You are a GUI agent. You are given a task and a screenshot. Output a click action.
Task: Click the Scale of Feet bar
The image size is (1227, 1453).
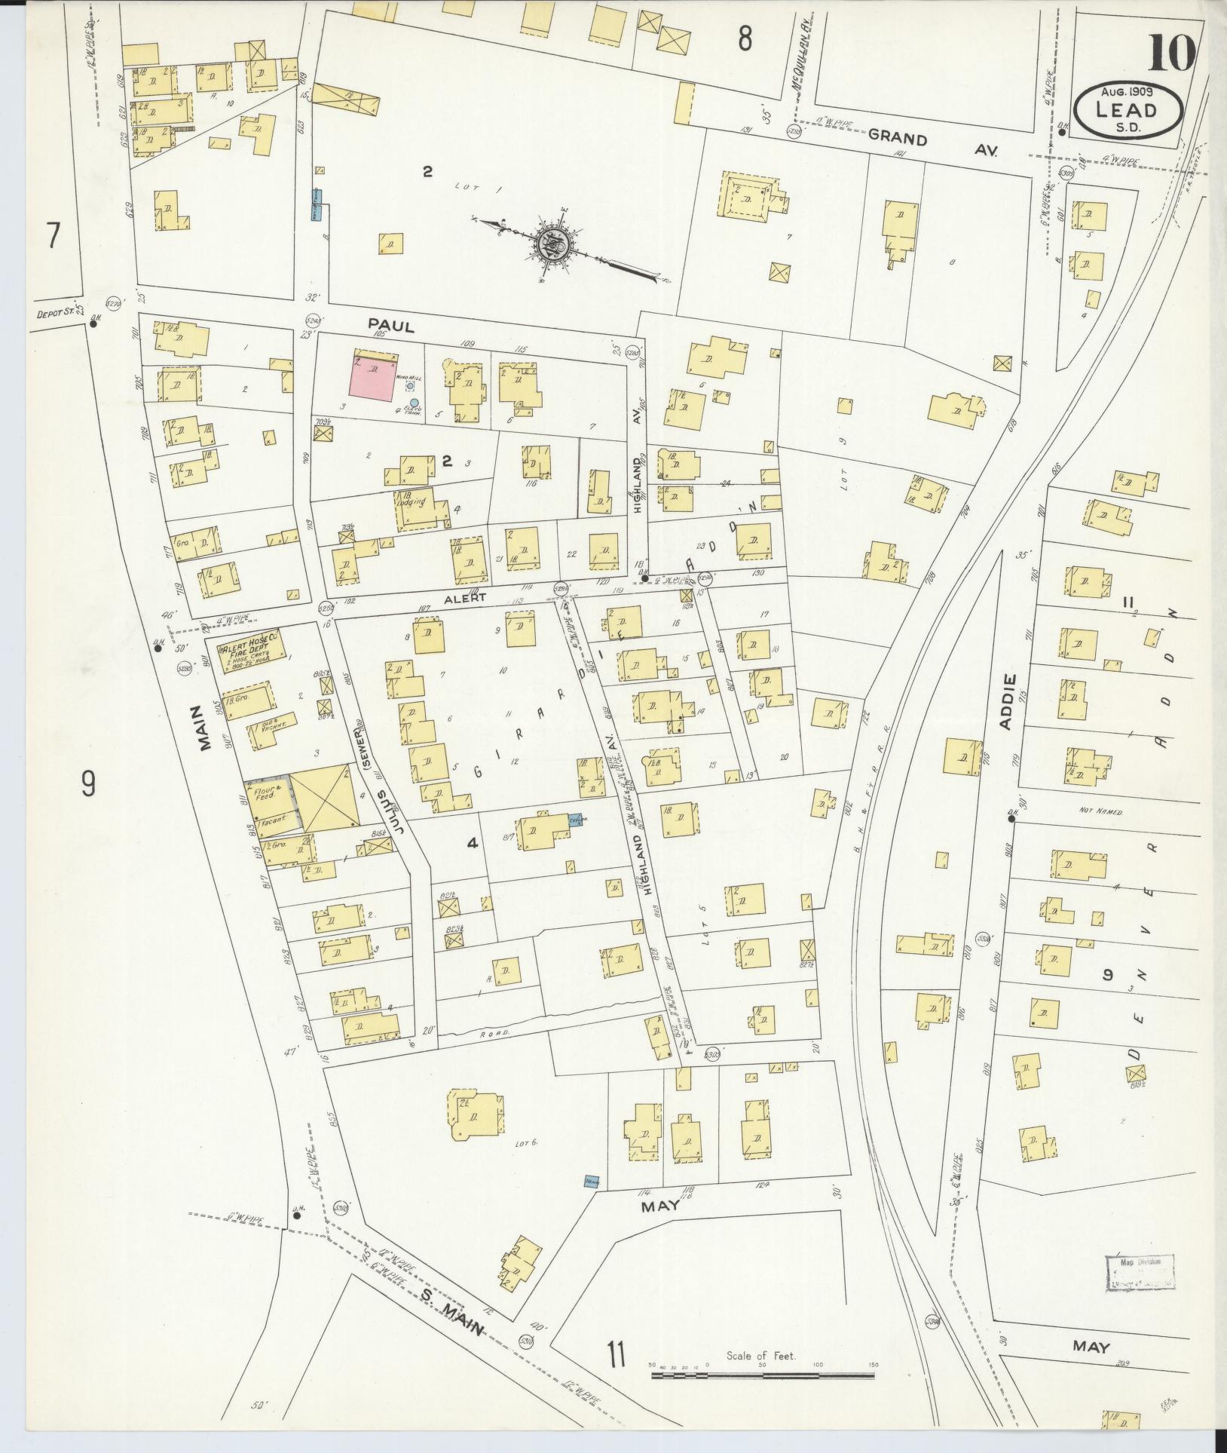[x=762, y=1374]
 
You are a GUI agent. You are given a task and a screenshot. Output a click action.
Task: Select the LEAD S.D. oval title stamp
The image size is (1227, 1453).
[x=1128, y=111]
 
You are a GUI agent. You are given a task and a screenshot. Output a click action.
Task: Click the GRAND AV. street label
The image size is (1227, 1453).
[x=932, y=143]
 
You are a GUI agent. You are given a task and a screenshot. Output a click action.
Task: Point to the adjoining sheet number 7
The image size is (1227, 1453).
[x=52, y=237]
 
